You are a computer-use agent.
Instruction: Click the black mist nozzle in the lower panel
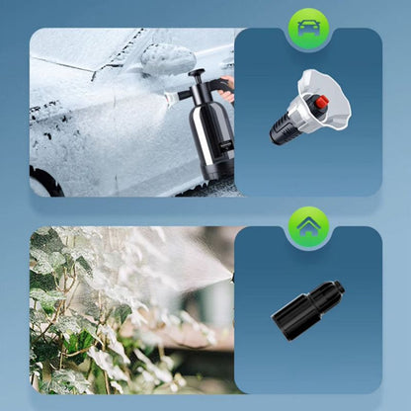tap(307, 310)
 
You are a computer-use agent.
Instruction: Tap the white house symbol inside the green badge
tap(308, 225)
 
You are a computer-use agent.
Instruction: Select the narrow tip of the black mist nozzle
tap(336, 289)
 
